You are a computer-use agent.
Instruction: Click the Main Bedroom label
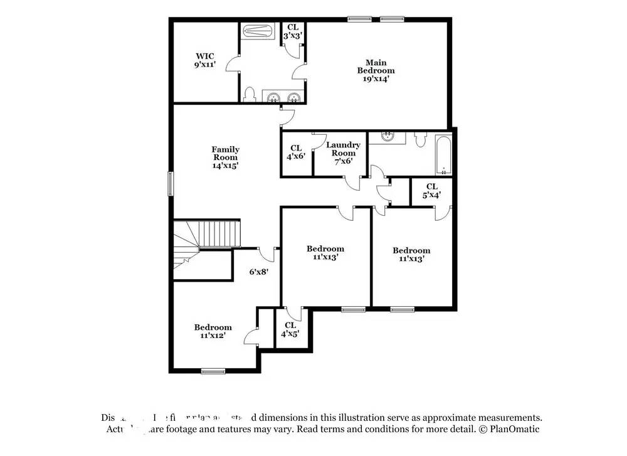point(376,70)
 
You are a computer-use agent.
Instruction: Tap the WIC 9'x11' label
point(204,60)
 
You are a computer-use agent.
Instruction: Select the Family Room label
point(225,157)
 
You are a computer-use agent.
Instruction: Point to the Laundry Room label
point(343,152)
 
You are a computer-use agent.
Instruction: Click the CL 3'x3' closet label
point(293,31)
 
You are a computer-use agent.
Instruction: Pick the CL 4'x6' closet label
point(295,152)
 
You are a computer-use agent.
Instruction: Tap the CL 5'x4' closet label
point(431,191)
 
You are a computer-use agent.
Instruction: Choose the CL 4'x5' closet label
point(290,329)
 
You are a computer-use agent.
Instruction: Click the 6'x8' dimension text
point(260,272)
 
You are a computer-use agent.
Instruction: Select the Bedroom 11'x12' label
point(213,331)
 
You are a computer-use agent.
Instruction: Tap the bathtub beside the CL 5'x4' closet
point(443,155)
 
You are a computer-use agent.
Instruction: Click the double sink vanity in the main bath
point(283,97)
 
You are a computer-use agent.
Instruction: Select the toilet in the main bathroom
point(250,95)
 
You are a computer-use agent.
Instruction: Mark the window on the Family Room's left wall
point(170,184)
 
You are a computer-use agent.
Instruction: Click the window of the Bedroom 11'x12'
point(213,371)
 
